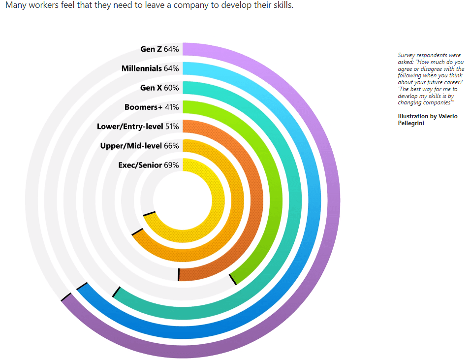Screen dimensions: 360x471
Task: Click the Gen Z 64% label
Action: (159, 49)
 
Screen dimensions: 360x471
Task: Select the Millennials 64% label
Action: (150, 68)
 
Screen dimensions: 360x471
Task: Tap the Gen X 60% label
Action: (159, 88)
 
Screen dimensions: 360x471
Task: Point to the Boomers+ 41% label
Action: (152, 107)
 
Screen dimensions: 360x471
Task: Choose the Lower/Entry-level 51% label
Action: (138, 127)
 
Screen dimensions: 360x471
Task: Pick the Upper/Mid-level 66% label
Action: (139, 146)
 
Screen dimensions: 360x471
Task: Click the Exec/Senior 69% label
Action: (149, 165)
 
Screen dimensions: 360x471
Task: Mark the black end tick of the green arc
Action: (233, 279)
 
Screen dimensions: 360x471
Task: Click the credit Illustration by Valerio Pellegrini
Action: (427, 119)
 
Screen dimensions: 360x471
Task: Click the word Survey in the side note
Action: (406, 55)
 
